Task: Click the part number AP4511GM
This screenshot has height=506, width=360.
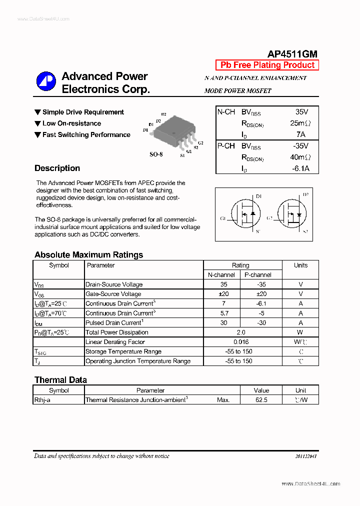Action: (292, 54)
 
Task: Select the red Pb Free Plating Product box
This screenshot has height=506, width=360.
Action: (267, 65)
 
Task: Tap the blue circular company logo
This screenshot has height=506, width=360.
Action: (46, 82)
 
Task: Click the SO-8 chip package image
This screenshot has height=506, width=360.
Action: (172, 131)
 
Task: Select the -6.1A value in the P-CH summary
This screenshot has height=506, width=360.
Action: (300, 168)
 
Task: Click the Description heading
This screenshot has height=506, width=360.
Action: (57, 168)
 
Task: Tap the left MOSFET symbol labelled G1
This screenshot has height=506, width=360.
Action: (243, 213)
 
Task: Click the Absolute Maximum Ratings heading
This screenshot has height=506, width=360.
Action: (88, 255)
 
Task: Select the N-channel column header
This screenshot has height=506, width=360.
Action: (221, 275)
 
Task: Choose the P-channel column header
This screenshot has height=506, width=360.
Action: (258, 275)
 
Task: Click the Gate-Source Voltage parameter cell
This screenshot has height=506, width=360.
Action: (113, 294)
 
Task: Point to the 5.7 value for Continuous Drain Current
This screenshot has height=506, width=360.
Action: (223, 313)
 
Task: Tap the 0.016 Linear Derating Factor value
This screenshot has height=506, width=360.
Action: (240, 342)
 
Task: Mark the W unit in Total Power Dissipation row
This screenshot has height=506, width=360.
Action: (300, 332)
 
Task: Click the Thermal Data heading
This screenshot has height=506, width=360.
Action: (60, 380)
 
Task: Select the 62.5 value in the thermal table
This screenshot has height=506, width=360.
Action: (261, 400)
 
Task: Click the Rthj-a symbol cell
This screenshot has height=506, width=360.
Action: (42, 400)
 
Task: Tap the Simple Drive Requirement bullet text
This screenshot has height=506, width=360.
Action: (83, 112)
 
